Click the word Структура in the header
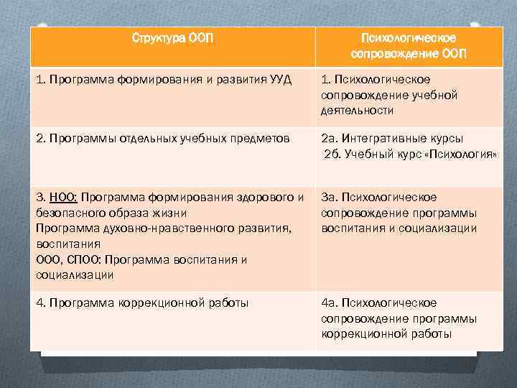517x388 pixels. [x=158, y=37]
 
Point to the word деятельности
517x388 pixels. [x=358, y=111]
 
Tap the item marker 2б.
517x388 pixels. [x=332, y=154]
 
